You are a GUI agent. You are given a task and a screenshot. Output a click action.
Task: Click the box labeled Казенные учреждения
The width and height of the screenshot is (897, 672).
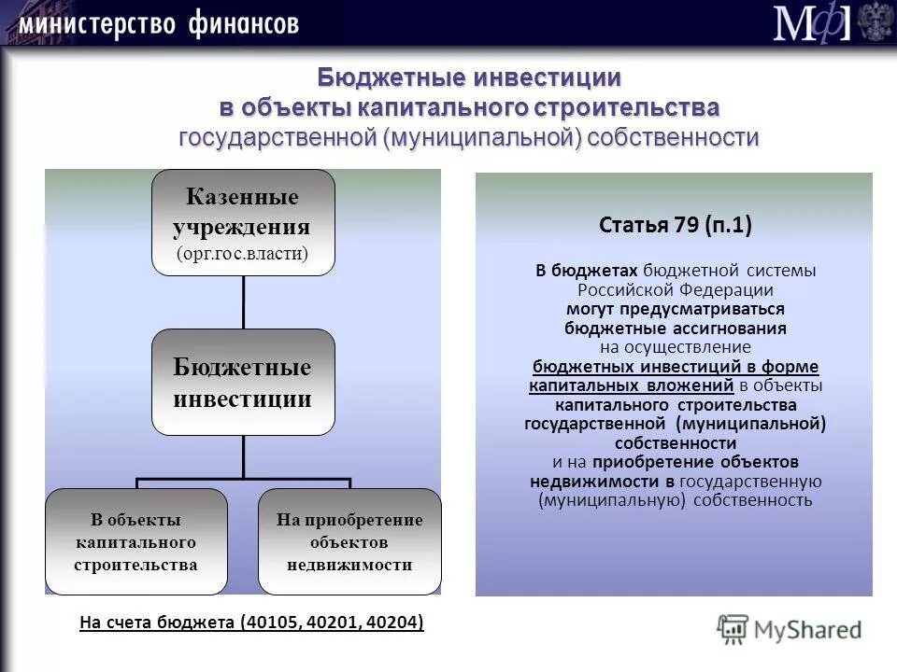click(x=243, y=222)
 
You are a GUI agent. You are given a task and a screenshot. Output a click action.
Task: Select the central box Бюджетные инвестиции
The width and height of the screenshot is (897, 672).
click(x=243, y=382)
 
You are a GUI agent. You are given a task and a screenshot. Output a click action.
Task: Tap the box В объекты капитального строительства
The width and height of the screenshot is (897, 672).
click(x=135, y=541)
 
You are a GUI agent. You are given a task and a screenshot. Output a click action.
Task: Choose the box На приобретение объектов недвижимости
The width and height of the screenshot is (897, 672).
click(x=349, y=541)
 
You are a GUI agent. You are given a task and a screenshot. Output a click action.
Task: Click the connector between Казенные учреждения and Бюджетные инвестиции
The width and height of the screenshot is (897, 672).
click(x=243, y=301)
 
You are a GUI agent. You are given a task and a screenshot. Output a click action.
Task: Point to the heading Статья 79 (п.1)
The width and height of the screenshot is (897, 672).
click(x=675, y=225)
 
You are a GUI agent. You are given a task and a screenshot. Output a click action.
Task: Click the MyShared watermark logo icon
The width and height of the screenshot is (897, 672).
click(x=733, y=629)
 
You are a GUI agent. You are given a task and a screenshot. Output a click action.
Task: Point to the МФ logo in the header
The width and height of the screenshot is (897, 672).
click(x=811, y=23)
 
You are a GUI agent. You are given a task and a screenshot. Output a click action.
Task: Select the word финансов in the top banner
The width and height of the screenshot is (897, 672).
click(x=242, y=23)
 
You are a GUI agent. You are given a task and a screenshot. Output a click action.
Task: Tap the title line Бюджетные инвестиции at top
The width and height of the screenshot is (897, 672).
click(x=469, y=77)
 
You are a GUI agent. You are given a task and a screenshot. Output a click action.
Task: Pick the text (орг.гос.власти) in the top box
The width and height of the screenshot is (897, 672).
click(x=243, y=254)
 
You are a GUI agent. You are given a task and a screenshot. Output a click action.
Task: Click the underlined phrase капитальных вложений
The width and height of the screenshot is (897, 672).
click(x=632, y=385)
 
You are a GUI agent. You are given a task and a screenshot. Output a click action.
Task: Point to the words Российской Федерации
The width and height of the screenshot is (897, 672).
click(x=675, y=289)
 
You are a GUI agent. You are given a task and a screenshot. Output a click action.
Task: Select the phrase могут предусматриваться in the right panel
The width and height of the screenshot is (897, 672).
click(x=675, y=308)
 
